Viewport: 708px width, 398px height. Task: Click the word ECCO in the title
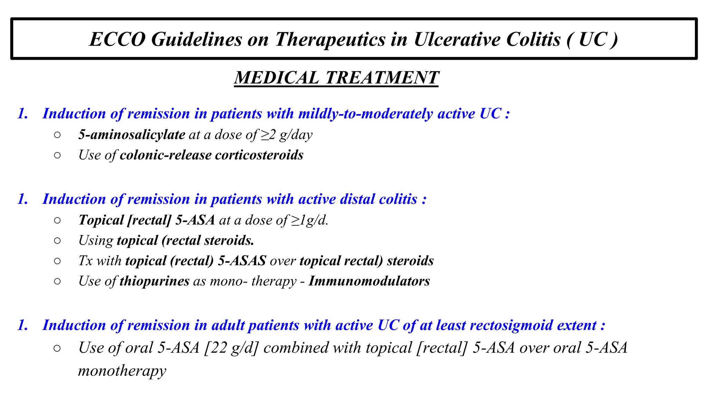(118, 39)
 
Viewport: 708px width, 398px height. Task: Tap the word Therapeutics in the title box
(330, 39)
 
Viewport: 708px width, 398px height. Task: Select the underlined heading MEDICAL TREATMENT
(336, 77)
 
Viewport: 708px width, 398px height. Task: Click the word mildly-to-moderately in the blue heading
(365, 114)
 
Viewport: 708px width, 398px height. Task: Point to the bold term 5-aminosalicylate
(132, 135)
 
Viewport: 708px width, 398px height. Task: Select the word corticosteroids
(259, 155)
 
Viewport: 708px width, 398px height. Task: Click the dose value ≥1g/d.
(309, 220)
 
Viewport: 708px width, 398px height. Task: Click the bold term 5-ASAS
(242, 261)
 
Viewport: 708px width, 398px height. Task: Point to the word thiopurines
(155, 281)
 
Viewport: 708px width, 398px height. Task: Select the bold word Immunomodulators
(369, 281)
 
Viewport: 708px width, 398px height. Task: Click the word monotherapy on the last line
(122, 371)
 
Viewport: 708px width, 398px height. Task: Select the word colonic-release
(166, 155)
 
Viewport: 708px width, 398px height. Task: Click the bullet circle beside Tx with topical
(57, 261)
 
